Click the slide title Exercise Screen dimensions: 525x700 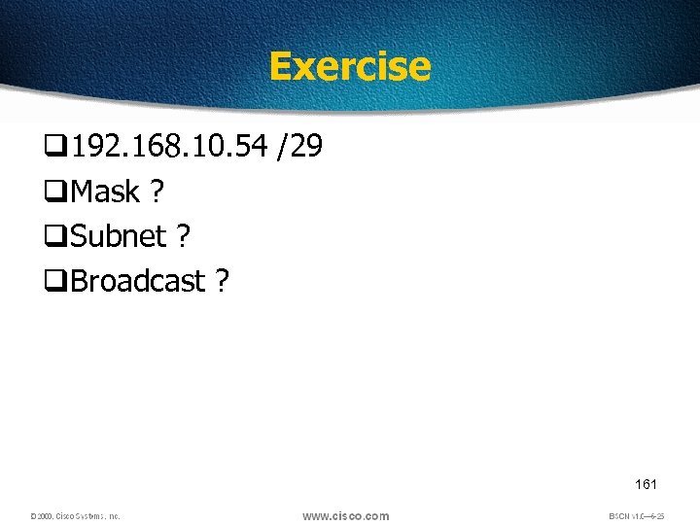click(349, 66)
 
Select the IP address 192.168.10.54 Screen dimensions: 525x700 click(169, 147)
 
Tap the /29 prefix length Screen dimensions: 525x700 click(300, 147)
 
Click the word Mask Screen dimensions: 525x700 click(105, 192)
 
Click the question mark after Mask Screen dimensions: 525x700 click(157, 192)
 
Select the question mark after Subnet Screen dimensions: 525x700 click(184, 236)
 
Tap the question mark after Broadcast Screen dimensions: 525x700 click(223, 281)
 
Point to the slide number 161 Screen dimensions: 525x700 click(646, 483)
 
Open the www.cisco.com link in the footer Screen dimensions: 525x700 click(345, 515)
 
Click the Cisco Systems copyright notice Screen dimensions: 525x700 click(75, 516)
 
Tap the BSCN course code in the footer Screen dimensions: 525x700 click(636, 516)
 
